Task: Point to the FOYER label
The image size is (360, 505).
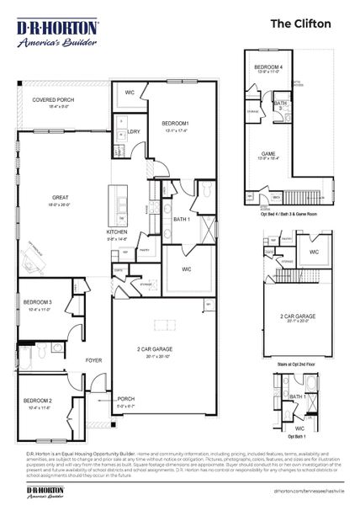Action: click(x=93, y=360)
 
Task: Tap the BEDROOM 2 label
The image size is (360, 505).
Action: click(x=38, y=399)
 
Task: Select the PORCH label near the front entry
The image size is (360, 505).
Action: click(x=125, y=399)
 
